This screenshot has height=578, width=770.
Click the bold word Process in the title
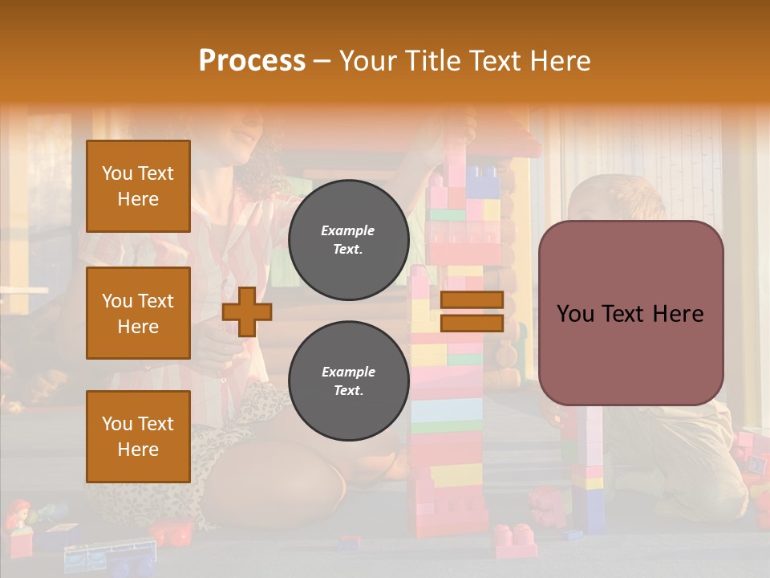click(x=252, y=61)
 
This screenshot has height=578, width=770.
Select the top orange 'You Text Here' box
click(x=138, y=186)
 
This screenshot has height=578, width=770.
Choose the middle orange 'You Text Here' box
click(x=138, y=313)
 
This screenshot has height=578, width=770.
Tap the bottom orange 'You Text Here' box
click(x=138, y=437)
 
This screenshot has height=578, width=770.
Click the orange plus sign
click(x=247, y=311)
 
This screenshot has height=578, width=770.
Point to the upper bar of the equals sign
click(x=472, y=300)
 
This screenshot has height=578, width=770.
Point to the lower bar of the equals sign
click(x=472, y=324)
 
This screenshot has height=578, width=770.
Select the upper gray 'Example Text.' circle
click(x=348, y=240)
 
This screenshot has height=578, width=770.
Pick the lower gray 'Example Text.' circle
click(x=348, y=381)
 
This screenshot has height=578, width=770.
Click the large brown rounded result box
click(x=630, y=313)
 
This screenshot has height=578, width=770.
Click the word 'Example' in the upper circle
click(x=348, y=230)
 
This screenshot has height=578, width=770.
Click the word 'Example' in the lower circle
click(x=348, y=372)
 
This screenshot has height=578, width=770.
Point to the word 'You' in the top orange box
click(x=116, y=173)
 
